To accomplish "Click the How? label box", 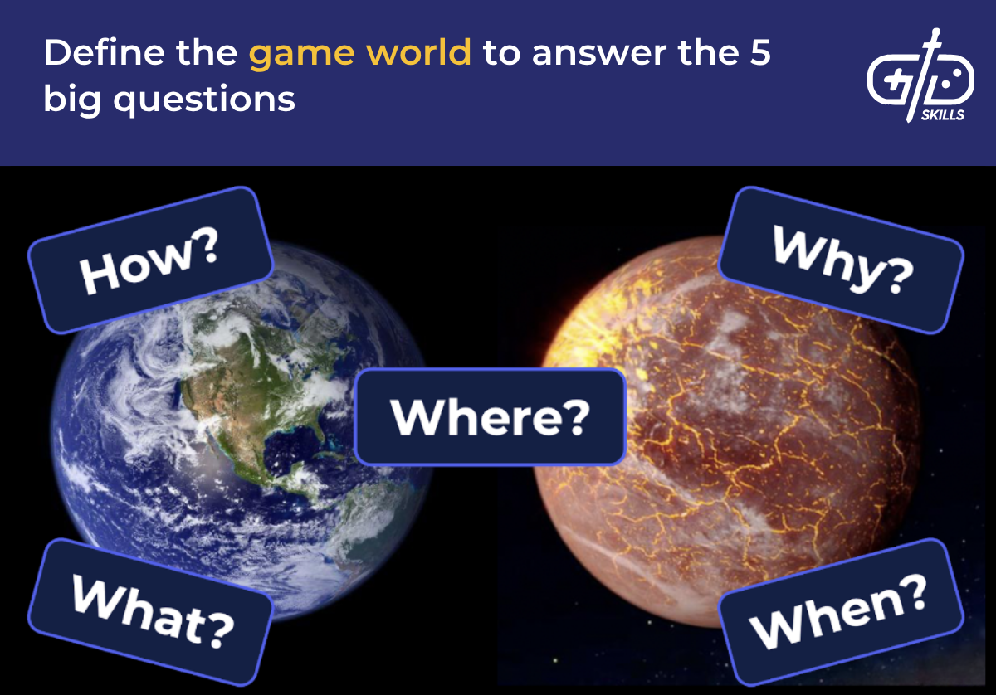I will click(x=150, y=260).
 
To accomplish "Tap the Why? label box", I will click(x=841, y=260).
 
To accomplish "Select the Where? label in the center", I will click(x=490, y=416).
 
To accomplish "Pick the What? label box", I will click(x=150, y=612).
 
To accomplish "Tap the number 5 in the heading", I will click(x=758, y=54).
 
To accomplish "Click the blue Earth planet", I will click(x=241, y=431).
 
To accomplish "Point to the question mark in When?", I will click(x=912, y=595).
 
